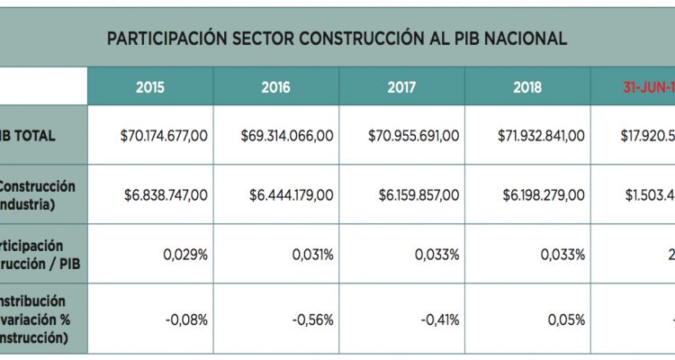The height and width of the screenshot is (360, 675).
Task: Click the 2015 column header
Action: (x=150, y=87)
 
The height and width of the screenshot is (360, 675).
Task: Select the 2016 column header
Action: (x=275, y=87)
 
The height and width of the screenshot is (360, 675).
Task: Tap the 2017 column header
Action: (x=401, y=87)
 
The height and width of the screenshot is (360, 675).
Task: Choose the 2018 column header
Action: (x=527, y=87)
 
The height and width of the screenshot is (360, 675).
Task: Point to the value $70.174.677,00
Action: (x=164, y=135)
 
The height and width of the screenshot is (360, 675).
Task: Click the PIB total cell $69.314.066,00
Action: (x=287, y=135)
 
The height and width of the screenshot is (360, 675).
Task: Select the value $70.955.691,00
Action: (x=414, y=135)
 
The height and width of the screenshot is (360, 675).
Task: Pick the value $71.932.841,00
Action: (x=541, y=135)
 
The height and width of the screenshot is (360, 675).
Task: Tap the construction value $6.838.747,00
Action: (x=164, y=194)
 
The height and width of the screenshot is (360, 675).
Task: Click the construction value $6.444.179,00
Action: (x=287, y=194)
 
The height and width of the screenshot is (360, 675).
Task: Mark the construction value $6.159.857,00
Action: (x=414, y=194)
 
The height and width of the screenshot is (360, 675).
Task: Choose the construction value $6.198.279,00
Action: (x=541, y=194)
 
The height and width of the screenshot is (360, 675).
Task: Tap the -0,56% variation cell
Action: (x=314, y=319)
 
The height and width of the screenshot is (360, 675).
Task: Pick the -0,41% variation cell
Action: (x=440, y=319)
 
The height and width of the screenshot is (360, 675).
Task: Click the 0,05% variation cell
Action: (x=568, y=319)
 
